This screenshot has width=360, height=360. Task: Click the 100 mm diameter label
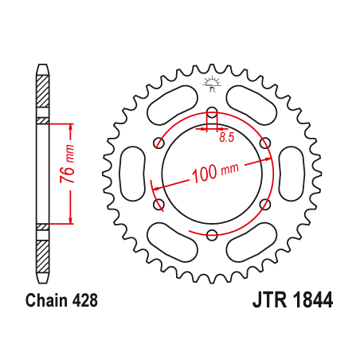pyautogui.click(x=215, y=172)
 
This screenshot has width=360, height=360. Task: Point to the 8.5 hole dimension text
pyautogui.click(x=226, y=139)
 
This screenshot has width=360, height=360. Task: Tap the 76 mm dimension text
pyautogui.click(x=69, y=174)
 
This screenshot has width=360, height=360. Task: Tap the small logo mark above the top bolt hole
pyautogui.click(x=212, y=83)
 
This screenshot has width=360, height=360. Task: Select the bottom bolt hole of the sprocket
pyautogui.click(x=212, y=234)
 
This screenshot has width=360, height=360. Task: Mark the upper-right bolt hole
pyautogui.click(x=265, y=143)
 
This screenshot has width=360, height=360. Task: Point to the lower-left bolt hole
pyautogui.click(x=158, y=205)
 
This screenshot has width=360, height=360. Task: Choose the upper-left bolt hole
pyautogui.click(x=158, y=143)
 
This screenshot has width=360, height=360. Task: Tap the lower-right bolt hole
pyautogui.click(x=265, y=205)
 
